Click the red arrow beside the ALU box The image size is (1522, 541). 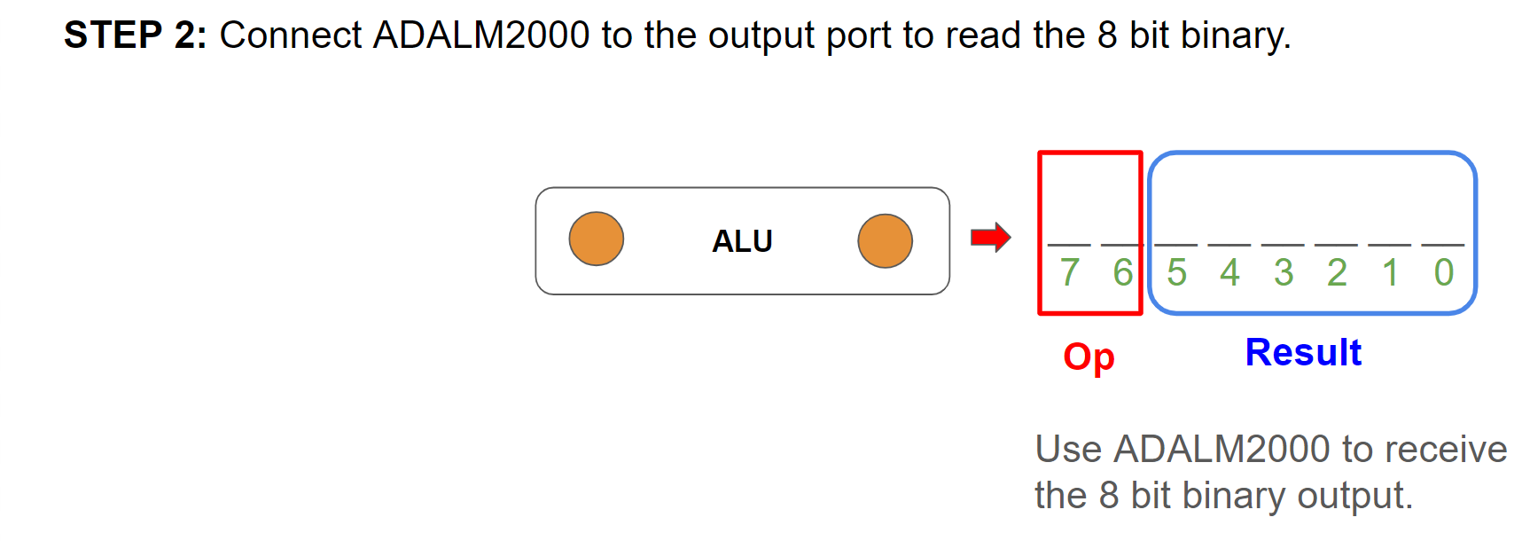pos(990,238)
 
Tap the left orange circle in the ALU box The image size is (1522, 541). pos(596,239)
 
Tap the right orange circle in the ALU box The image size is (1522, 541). pos(885,240)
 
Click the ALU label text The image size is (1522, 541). pos(742,241)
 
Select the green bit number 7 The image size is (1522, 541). pos(1070,272)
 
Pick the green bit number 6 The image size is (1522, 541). pos(1123,272)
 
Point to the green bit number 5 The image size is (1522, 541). pos(1176,272)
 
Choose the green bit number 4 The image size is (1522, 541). pos(1229,272)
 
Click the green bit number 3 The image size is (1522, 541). pos(1284,272)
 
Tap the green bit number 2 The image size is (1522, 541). pos(1337,272)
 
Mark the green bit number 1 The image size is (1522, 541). pos(1390,272)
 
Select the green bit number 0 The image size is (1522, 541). pos(1444,272)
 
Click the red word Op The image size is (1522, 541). pos(1089,357)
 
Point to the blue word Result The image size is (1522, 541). pos(1303,352)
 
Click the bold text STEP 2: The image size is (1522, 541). pos(135,35)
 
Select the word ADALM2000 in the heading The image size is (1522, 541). pos(481,35)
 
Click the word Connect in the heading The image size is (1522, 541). pos(291,35)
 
